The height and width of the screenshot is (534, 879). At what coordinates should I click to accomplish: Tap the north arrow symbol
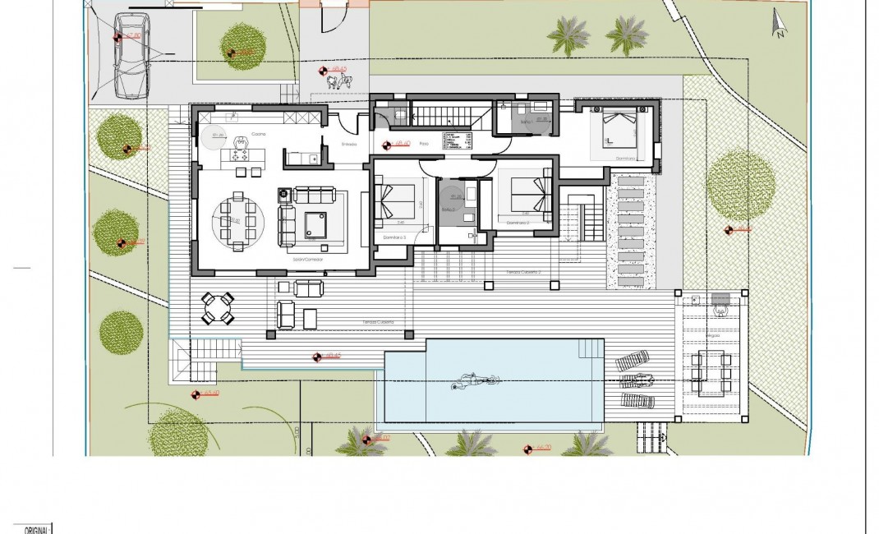click(777, 24)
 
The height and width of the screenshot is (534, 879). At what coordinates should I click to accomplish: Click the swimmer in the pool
click(474, 382)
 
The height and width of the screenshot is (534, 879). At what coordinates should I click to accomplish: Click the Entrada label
click(348, 144)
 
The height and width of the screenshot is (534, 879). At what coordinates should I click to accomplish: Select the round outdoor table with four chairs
click(219, 309)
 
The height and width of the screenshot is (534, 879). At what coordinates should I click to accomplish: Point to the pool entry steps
click(591, 349)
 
